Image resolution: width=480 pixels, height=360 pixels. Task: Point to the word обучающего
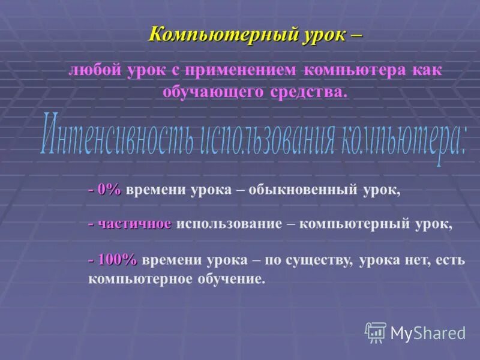click(x=214, y=91)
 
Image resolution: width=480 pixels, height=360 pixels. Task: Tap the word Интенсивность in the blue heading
click(x=117, y=135)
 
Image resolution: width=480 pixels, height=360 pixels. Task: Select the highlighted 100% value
click(x=116, y=259)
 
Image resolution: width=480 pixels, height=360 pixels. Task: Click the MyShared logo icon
click(x=376, y=332)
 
